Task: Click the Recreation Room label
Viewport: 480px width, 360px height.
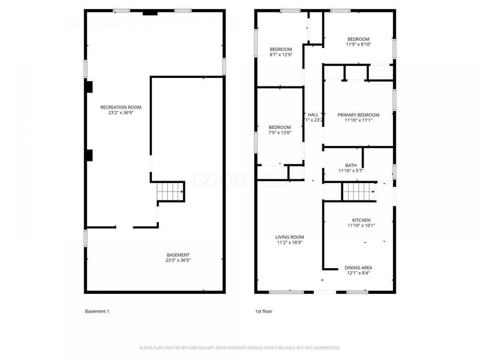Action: point(121,107)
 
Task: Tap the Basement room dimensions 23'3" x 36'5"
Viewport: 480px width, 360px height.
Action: point(178,260)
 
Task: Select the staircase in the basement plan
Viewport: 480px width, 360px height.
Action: point(170,193)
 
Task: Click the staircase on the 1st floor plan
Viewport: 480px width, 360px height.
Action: point(358,192)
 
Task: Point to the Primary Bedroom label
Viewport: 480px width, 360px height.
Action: point(358,115)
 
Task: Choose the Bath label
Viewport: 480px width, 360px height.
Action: point(351,165)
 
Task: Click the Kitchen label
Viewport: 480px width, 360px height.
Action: point(361,220)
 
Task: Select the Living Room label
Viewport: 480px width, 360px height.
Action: point(290,237)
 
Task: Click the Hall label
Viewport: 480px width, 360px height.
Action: point(313,115)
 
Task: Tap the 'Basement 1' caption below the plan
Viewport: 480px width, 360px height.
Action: point(97,311)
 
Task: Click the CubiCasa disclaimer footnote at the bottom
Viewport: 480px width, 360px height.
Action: point(240,347)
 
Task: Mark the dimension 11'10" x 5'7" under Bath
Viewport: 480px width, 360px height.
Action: point(351,171)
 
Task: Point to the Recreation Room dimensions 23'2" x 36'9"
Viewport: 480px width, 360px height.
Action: point(121,112)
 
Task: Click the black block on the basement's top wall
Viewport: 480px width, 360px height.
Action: point(151,12)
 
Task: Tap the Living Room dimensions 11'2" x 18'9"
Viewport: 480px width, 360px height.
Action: point(290,242)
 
